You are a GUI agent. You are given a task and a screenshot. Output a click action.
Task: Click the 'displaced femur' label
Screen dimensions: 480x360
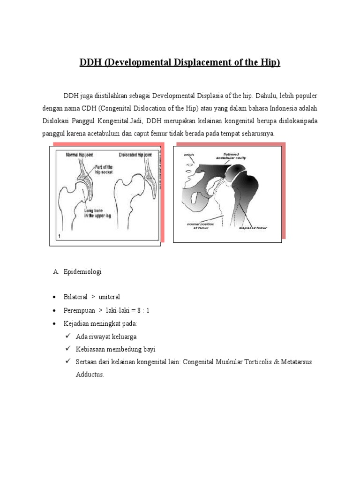(x=253, y=229)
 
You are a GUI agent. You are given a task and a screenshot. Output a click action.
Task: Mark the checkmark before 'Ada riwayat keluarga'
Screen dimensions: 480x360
(x=67, y=336)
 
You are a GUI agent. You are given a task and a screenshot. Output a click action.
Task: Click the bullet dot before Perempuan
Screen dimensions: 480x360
(x=55, y=311)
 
